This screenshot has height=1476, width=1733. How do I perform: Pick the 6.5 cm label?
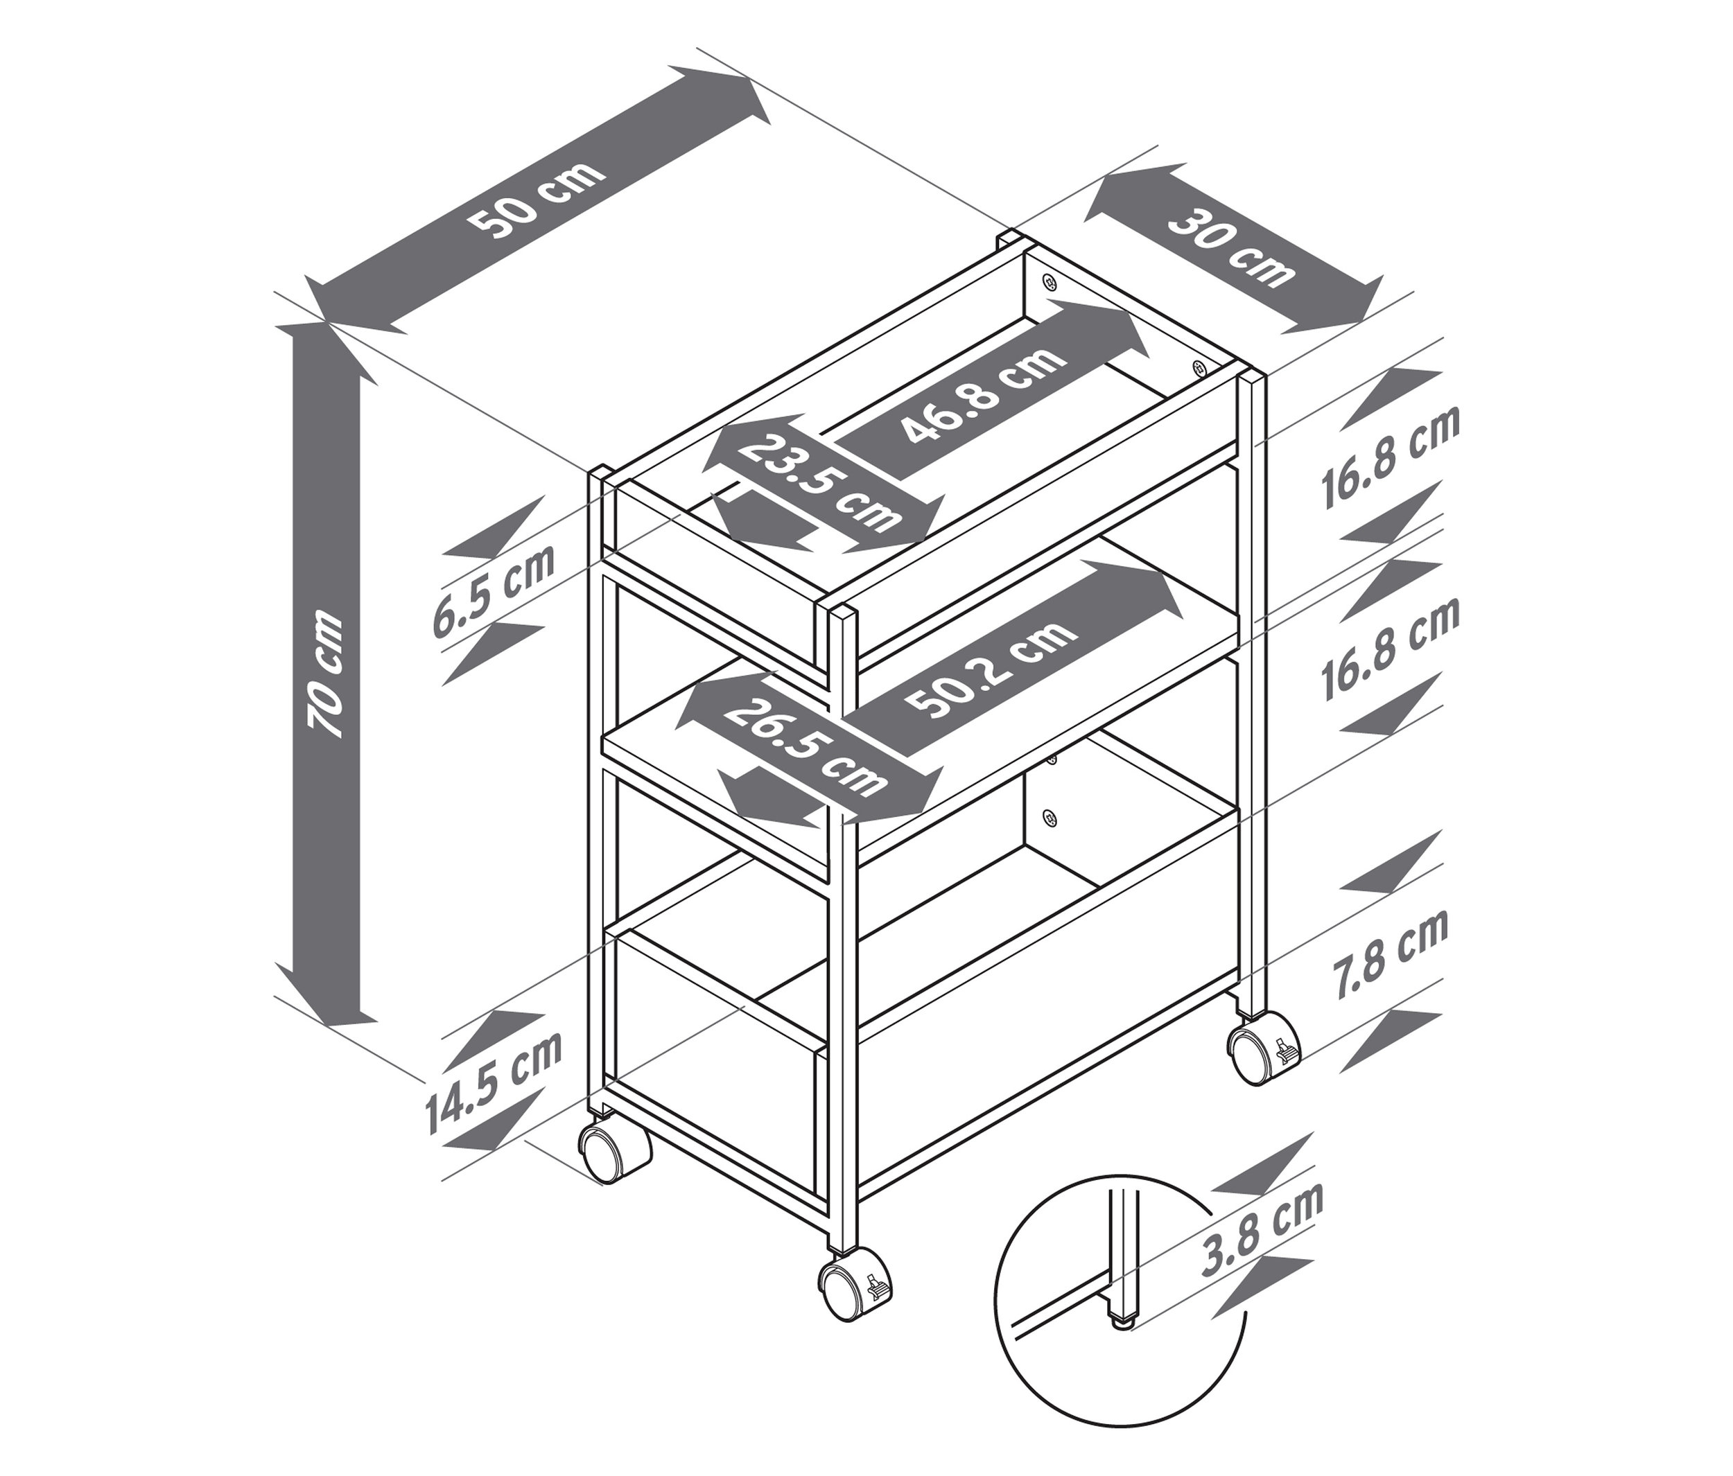(494, 590)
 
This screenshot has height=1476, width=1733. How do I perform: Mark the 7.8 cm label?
(1391, 954)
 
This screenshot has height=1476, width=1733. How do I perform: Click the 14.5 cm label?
(494, 1080)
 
